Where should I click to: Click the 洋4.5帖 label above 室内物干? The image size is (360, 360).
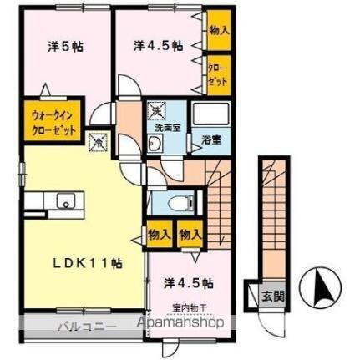coord(186,283)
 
